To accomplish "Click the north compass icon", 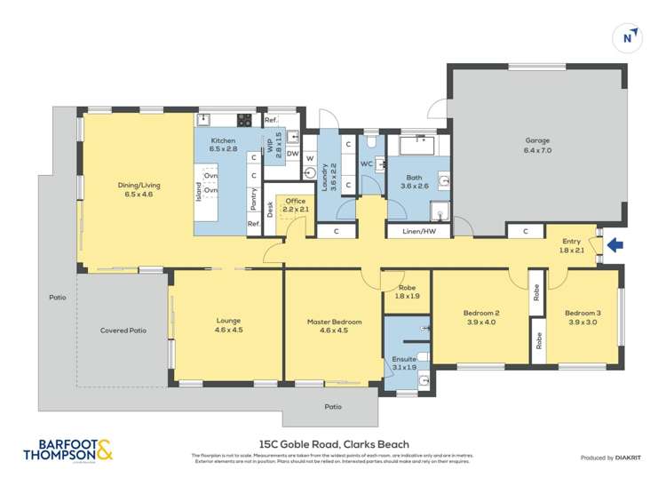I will tap(629, 37).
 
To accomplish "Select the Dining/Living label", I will tap(136, 189).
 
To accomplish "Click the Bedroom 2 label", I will tap(481, 317).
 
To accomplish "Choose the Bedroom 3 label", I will tap(583, 317).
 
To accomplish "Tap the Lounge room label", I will tap(228, 325).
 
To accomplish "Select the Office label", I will tap(295, 205).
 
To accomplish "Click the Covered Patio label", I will tap(123, 331).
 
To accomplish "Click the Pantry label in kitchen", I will tap(254, 200).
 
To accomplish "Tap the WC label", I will tap(366, 164).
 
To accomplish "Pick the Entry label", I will tap(571, 245).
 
